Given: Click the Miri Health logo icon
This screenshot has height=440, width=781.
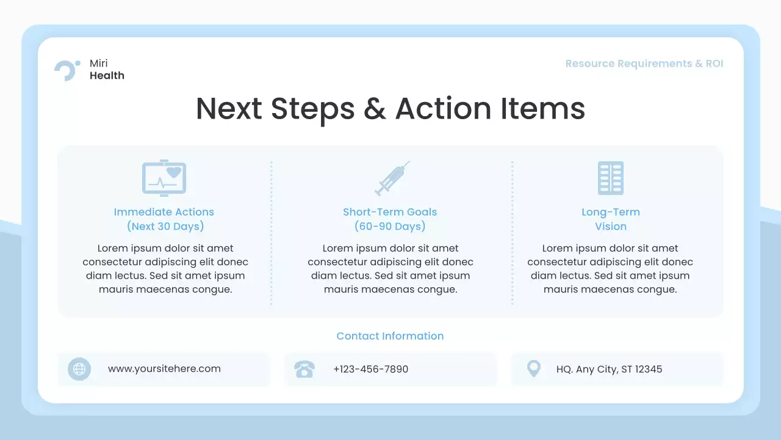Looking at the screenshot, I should (x=66, y=70).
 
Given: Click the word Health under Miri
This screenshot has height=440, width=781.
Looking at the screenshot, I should (x=107, y=76).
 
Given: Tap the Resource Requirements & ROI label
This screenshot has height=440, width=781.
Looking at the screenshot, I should (x=644, y=64).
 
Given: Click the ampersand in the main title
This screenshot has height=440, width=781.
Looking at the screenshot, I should (x=375, y=109).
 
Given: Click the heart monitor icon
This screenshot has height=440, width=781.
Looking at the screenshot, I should (x=164, y=178).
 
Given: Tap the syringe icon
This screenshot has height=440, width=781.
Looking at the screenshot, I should (x=391, y=178).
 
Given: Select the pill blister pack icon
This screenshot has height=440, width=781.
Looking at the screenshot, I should (x=610, y=178).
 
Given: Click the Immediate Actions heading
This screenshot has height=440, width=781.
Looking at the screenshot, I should (x=164, y=212).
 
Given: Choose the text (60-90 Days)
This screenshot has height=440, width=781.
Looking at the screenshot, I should (x=390, y=226).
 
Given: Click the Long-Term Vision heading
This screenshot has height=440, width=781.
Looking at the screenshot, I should (x=610, y=219).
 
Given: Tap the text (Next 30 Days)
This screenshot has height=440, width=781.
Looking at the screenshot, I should (x=165, y=226).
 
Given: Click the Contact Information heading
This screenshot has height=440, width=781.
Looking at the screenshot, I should (x=390, y=336).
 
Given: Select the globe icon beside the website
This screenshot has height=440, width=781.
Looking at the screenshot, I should (x=79, y=369).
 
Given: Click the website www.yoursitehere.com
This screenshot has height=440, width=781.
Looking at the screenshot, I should (x=164, y=369).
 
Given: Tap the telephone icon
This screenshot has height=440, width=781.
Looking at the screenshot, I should (x=304, y=369).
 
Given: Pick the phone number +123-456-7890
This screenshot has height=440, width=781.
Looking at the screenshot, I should (x=370, y=369).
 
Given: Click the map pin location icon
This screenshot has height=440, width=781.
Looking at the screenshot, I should (x=533, y=369).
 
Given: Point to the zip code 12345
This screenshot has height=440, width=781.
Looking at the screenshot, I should (x=649, y=369).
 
